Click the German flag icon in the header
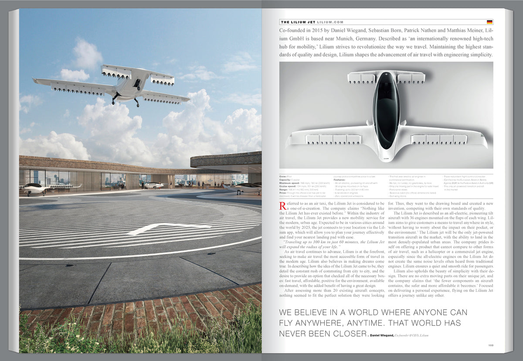point(489,22)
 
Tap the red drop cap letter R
point(282,205)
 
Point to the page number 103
point(490,346)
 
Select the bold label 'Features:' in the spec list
point(340,179)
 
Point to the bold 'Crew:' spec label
point(283,176)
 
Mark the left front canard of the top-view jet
point(361,78)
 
